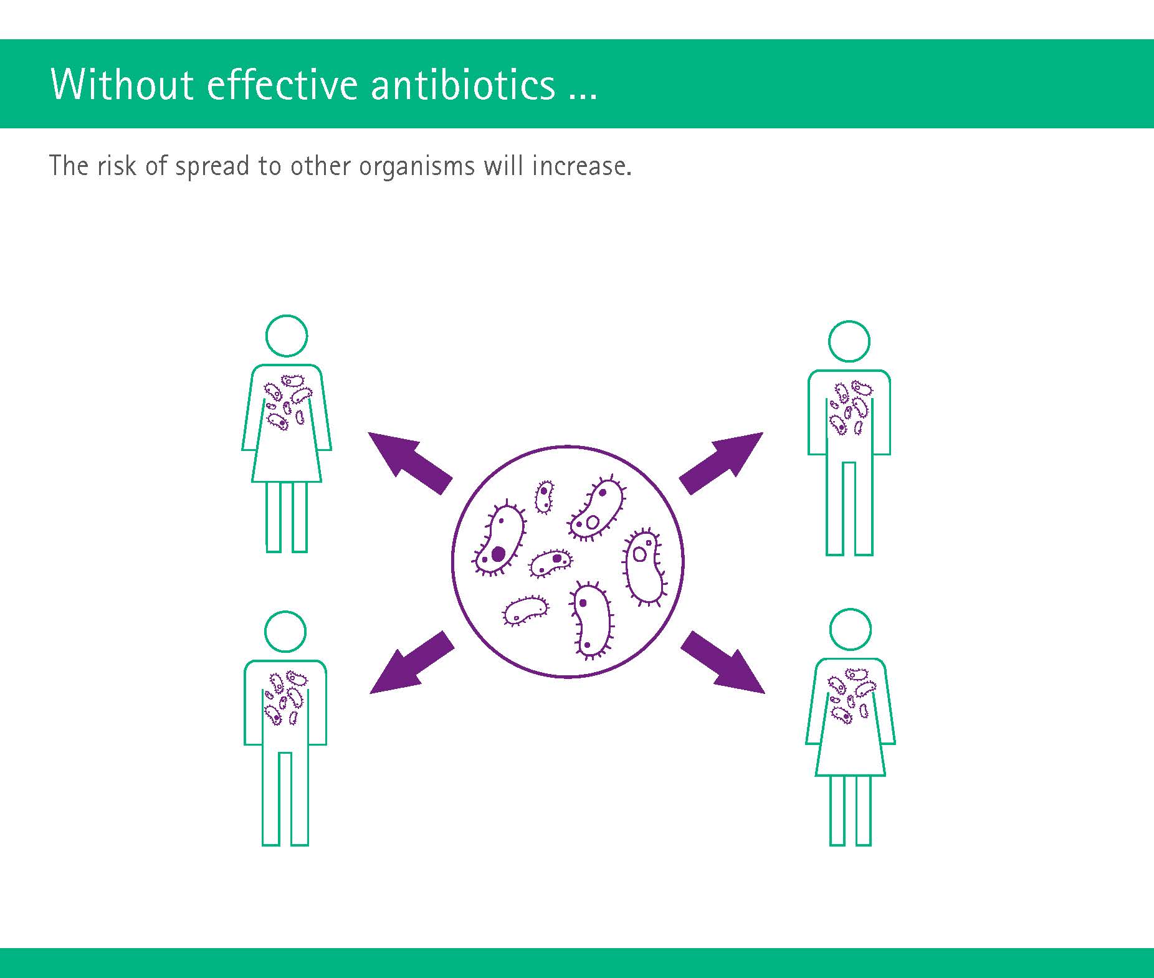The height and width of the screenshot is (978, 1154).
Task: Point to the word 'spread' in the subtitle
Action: [x=212, y=166]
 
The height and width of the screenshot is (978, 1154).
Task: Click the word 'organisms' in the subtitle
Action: [x=417, y=167]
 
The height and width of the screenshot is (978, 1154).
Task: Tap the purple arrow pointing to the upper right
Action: [x=722, y=462]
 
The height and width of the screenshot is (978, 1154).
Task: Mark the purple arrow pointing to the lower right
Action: [x=723, y=662]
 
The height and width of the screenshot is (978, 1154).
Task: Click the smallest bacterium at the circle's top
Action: [x=544, y=496]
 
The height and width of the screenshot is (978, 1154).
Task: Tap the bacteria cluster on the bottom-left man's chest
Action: [x=286, y=697]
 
